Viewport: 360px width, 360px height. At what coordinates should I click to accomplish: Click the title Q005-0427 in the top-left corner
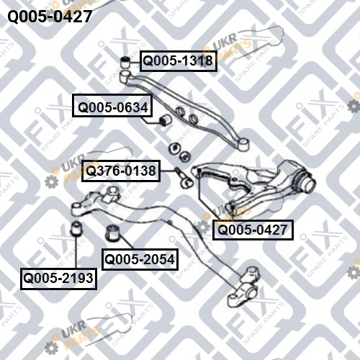coord(50,17)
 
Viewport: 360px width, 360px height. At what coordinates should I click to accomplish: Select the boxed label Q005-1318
coord(179,61)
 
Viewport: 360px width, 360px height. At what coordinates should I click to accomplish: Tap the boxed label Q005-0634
coord(112,106)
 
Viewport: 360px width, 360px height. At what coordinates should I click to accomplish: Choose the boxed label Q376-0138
coord(121,171)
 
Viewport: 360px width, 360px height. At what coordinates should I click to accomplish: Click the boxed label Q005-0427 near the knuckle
coord(253,230)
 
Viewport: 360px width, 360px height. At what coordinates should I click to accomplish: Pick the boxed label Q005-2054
coord(140,259)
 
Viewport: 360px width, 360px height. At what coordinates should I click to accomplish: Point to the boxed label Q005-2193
coord(58,279)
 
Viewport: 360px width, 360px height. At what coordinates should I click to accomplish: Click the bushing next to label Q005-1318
coord(125,62)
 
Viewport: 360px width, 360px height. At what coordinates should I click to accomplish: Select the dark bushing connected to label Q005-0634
coord(165,120)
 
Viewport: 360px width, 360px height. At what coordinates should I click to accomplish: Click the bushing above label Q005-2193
coord(76,228)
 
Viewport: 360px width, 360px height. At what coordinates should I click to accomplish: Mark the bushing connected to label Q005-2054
coord(114,233)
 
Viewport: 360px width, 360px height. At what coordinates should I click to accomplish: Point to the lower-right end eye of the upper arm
coord(244,144)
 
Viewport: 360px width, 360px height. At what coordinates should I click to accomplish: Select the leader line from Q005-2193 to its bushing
coord(76,252)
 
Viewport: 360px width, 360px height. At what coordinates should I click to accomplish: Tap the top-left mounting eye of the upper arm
coord(125,77)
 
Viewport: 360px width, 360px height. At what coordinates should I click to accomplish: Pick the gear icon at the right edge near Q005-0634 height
coord(354,106)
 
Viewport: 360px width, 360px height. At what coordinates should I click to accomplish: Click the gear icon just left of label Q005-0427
coord(203,228)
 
